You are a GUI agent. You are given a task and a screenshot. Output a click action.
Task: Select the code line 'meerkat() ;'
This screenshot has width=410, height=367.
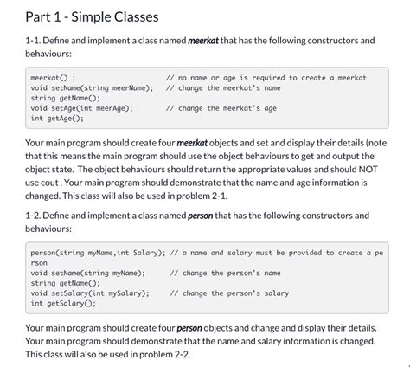(54, 78)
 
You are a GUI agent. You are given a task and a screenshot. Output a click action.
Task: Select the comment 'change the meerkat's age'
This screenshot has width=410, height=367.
(227, 109)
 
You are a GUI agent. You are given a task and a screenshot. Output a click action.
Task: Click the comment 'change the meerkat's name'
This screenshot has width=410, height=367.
(228, 88)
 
